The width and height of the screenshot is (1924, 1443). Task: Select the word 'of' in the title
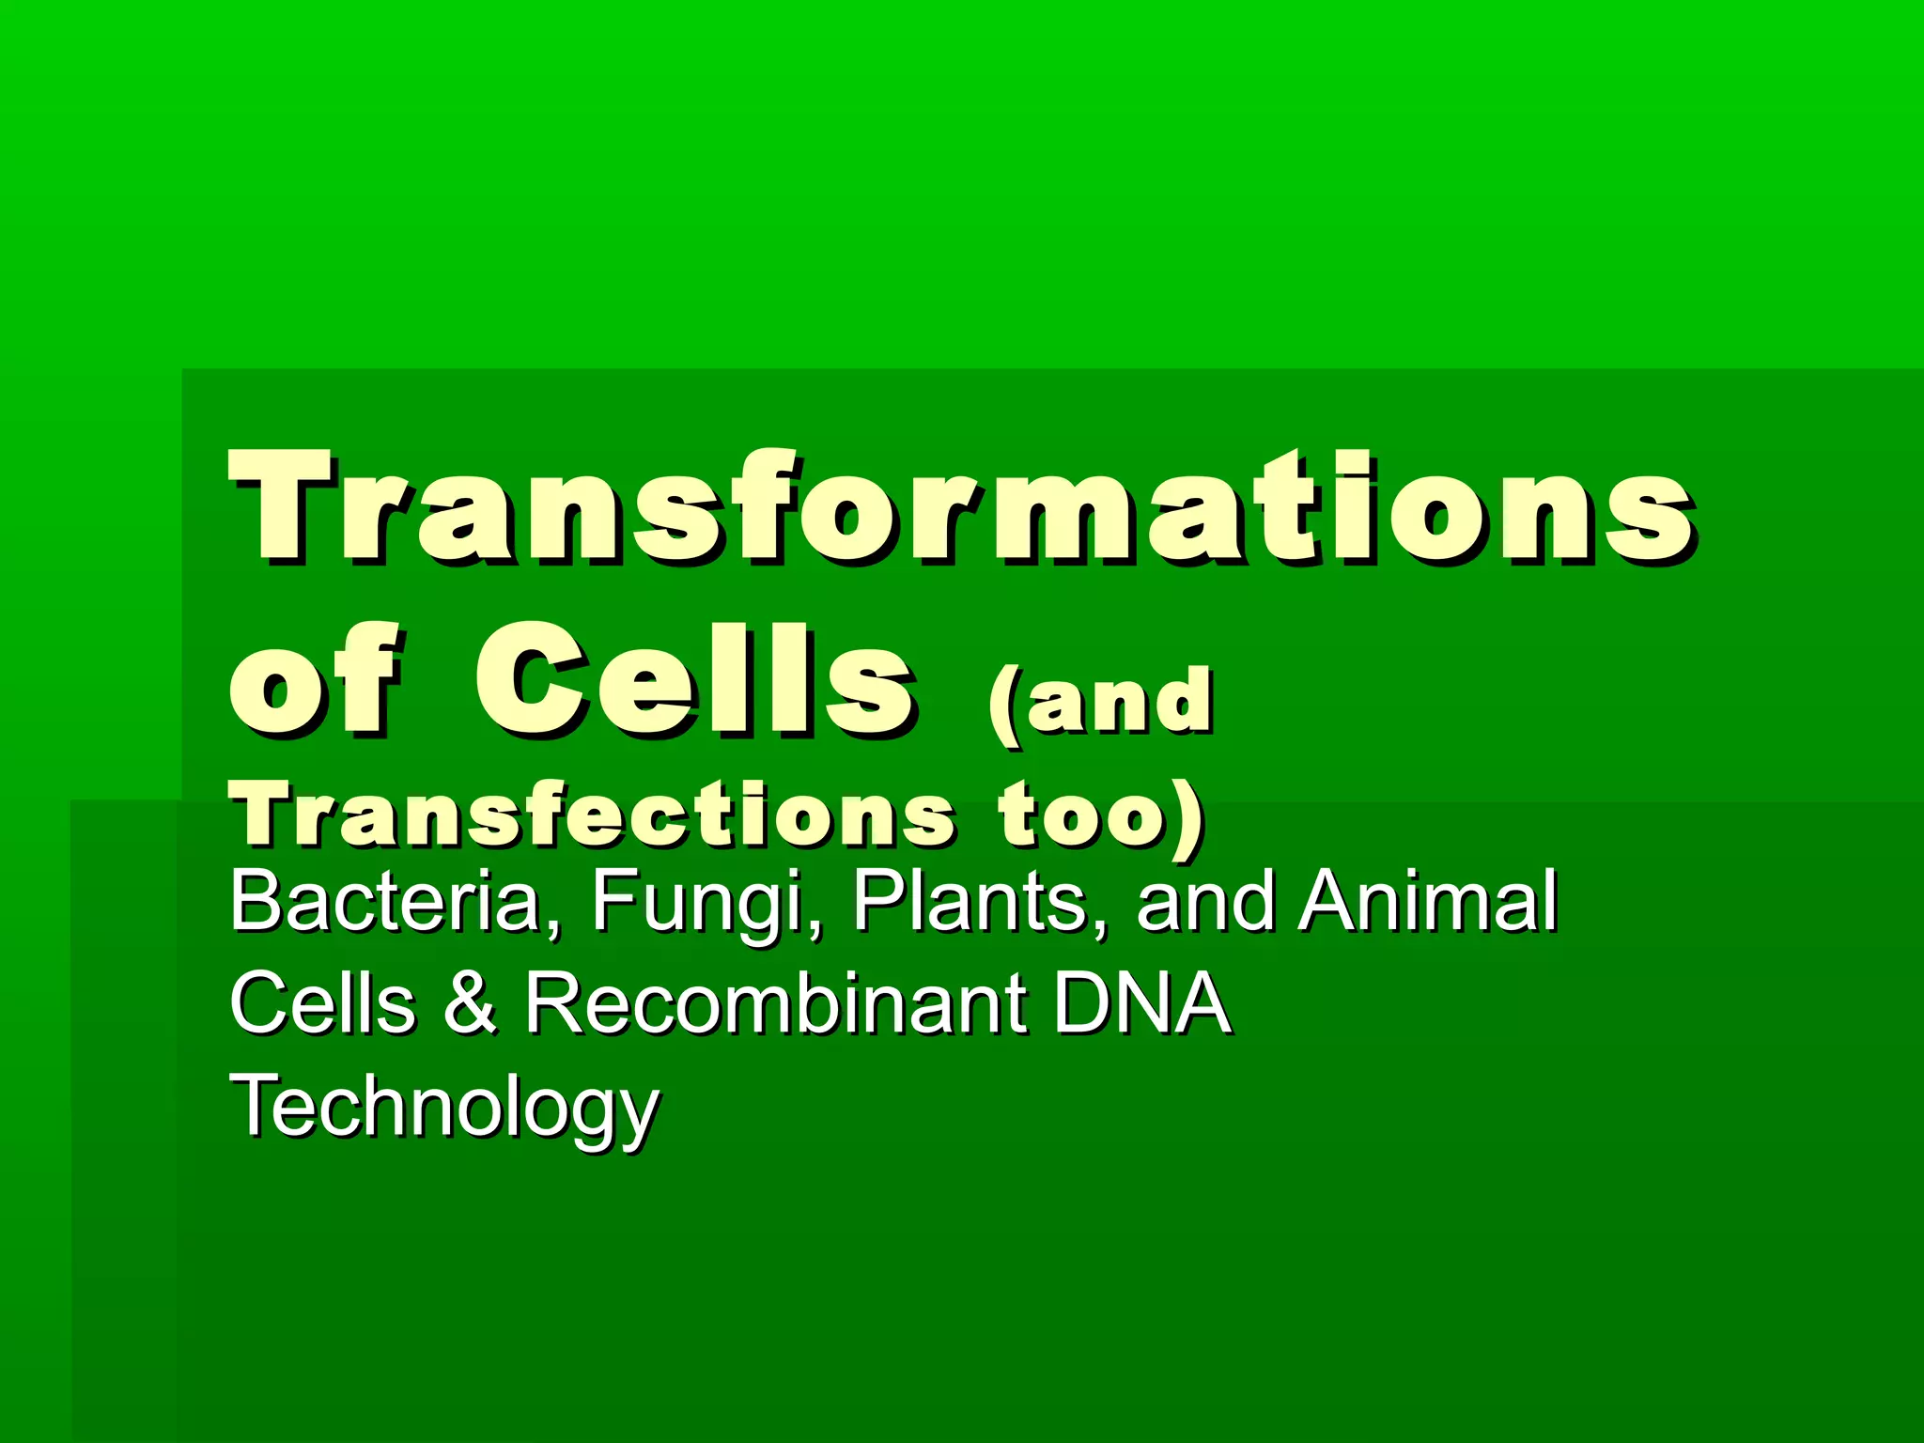[x=315, y=678]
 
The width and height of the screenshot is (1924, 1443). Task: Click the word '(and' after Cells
[x=1099, y=703]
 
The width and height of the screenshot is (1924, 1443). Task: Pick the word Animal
[x=1428, y=902]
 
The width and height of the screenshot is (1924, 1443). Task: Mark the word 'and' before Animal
[x=1205, y=902]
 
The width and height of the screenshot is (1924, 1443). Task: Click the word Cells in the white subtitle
[x=322, y=1003]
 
